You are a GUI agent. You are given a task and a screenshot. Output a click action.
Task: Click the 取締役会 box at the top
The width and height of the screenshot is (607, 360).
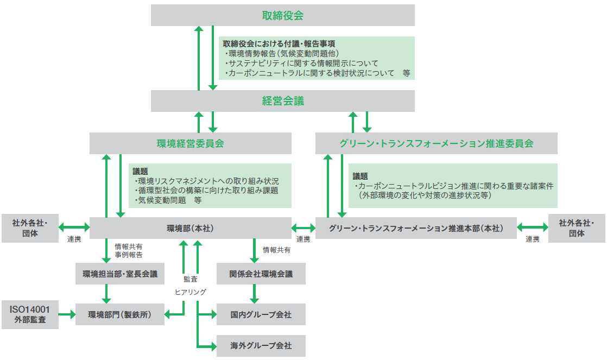coord(282,16)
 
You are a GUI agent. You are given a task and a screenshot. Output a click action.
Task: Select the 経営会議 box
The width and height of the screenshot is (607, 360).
coord(282,101)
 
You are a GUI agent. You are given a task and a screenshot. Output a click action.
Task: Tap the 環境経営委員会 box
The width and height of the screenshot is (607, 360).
coord(190,143)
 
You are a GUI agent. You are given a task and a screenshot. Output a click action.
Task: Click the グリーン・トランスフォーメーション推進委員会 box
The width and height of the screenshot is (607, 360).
coord(436,143)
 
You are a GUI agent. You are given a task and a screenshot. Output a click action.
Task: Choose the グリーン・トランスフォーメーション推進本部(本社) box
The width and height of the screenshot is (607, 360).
coord(415,229)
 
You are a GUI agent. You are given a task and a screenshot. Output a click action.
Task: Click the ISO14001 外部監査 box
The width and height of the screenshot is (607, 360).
coord(30,314)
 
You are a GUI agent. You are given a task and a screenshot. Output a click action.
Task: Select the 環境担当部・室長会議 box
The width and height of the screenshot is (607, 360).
coord(119,274)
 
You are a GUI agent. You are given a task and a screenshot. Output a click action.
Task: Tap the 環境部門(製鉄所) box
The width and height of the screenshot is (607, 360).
coord(119,314)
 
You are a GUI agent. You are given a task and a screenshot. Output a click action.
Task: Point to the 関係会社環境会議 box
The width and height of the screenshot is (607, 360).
coord(261,274)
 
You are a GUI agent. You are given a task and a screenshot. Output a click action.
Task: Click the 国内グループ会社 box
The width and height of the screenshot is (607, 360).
coord(261,314)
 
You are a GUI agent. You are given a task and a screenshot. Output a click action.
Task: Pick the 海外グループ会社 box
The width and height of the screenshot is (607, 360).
coord(261,345)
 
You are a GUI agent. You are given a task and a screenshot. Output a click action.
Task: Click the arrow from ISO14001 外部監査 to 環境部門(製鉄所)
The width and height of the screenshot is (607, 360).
coord(67,314)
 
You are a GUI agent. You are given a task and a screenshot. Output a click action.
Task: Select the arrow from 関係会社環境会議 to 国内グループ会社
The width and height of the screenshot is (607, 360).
coord(254,294)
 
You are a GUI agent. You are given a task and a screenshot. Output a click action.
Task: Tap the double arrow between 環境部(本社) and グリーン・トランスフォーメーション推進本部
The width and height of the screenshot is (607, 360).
coord(303,227)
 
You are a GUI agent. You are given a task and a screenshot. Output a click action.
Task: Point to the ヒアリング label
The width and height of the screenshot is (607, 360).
coord(190,292)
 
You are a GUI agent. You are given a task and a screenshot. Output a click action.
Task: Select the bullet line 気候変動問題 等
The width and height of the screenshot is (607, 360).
coord(168,200)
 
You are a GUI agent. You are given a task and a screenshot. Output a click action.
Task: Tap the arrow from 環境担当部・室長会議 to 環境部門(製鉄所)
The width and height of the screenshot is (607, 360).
coord(106,294)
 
